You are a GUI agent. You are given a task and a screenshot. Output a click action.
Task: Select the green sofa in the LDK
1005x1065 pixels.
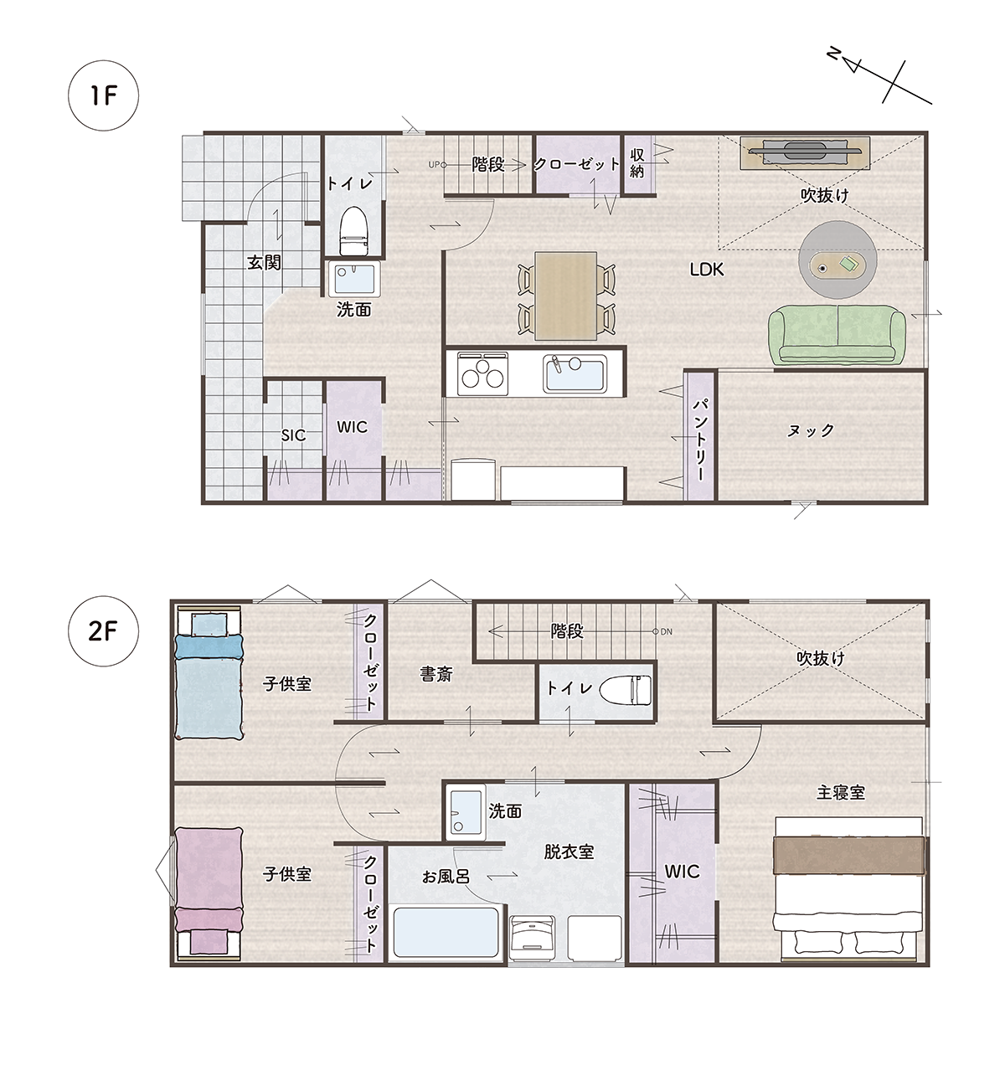click(837, 335)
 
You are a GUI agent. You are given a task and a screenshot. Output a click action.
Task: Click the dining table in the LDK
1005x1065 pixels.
click(565, 296)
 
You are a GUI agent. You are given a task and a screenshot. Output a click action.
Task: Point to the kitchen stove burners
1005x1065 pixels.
click(482, 373)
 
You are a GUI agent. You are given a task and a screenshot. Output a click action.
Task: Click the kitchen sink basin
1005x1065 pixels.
click(575, 373)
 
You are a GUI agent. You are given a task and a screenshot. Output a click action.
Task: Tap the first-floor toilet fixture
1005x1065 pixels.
click(354, 231)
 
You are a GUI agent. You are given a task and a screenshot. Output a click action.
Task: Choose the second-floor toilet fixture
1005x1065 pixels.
click(625, 690)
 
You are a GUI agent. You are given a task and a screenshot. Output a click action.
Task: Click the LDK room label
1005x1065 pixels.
click(706, 270)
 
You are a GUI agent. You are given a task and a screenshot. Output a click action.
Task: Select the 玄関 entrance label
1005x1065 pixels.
click(264, 263)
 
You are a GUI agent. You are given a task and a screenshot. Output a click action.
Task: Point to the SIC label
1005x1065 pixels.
click(293, 435)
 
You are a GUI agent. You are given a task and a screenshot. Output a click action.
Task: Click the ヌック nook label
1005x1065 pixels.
click(810, 430)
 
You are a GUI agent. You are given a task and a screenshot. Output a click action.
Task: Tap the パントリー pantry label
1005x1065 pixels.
click(699, 440)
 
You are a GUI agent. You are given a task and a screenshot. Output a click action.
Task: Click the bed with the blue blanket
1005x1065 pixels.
click(209, 673)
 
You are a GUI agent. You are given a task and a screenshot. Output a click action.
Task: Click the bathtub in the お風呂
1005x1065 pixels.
click(446, 933)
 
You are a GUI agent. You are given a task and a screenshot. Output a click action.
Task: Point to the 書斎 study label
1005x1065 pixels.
click(436, 674)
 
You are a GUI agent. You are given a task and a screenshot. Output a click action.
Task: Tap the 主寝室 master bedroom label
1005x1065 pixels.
click(841, 793)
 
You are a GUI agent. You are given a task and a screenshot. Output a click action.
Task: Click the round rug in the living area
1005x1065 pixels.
click(837, 260)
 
